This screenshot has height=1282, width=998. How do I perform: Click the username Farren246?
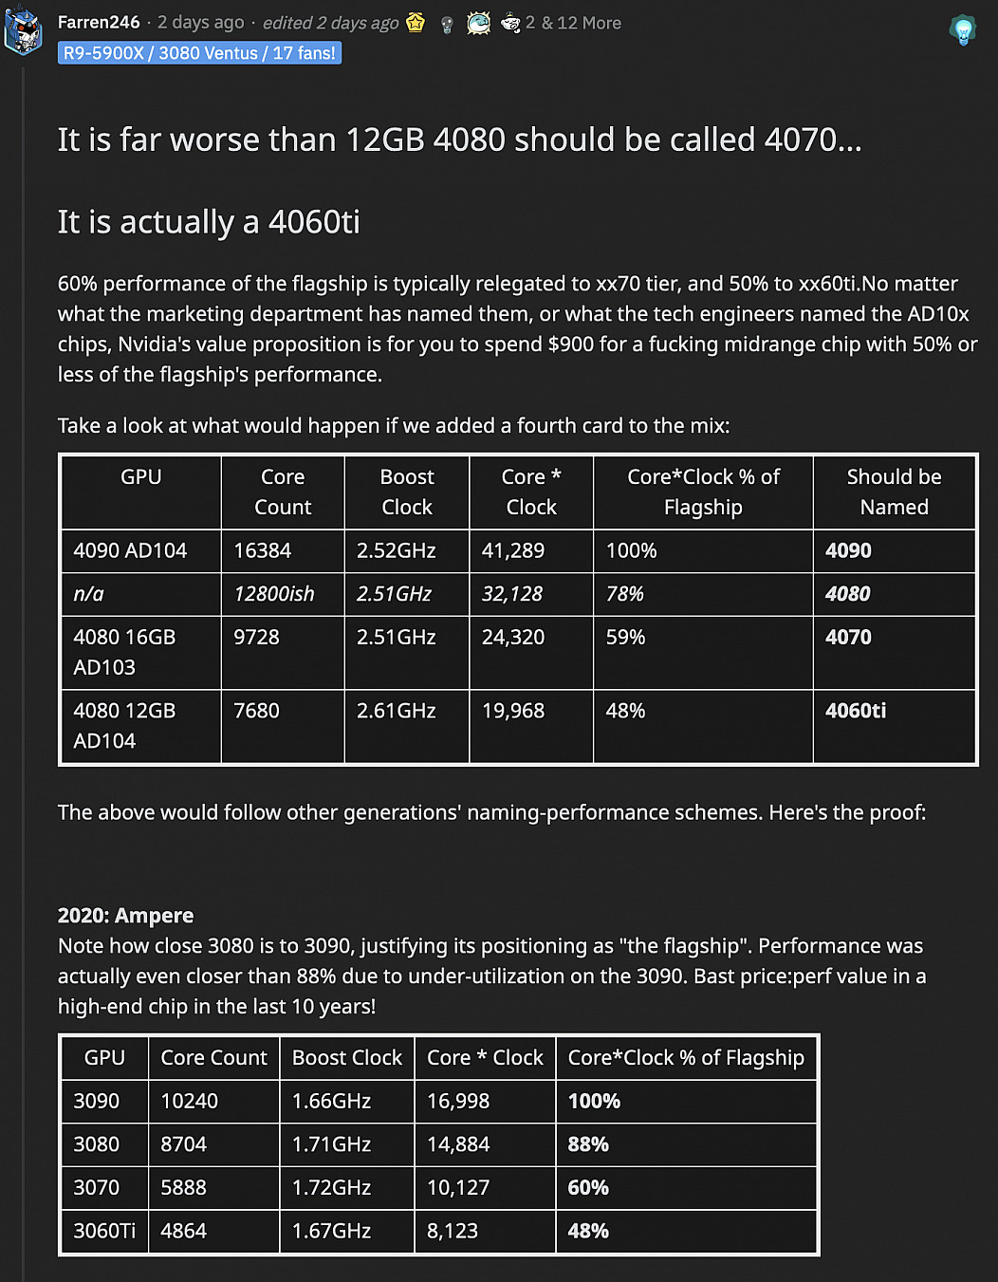(x=99, y=22)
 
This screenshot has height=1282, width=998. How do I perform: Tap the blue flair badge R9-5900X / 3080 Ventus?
(x=199, y=53)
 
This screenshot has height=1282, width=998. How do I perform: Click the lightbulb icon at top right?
(x=963, y=30)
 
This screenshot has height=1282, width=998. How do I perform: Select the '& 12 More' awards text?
(x=581, y=23)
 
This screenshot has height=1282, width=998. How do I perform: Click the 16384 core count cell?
(x=263, y=550)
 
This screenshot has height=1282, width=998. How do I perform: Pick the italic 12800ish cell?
(x=273, y=594)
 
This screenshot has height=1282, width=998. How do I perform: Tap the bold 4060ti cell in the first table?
(x=855, y=711)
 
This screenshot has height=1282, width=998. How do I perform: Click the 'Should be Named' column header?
(x=894, y=492)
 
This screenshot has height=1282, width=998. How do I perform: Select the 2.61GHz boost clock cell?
(x=396, y=711)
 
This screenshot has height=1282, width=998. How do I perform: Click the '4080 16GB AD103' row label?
(x=124, y=652)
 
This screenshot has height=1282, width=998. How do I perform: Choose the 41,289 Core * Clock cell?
(x=512, y=550)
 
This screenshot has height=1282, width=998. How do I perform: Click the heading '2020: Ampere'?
(x=125, y=916)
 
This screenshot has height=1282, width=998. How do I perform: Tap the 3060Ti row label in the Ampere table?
(x=104, y=1231)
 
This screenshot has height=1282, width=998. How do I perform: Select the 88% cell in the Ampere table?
(x=587, y=1144)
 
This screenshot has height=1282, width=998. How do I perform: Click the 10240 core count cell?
(x=189, y=1101)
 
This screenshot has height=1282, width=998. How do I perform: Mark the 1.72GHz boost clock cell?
(x=331, y=1187)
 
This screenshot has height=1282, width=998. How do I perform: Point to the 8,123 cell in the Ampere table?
(x=453, y=1231)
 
